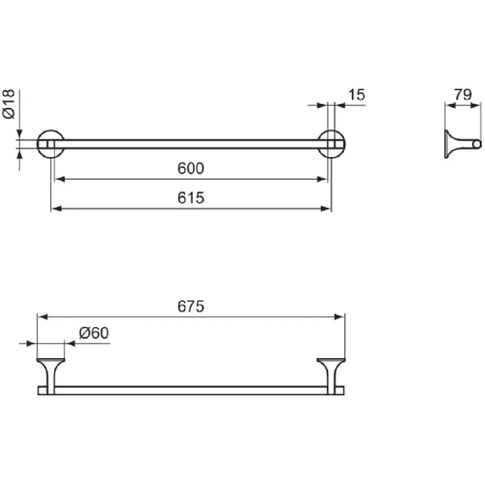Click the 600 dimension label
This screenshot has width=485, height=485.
pos(191,168)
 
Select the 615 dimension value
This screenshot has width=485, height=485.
pos(191,198)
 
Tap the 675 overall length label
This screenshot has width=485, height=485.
pos(191,306)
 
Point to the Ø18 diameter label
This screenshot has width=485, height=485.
pos(8,104)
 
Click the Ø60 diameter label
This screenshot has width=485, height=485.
pos(94,333)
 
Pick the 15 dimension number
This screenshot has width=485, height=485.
pos(356,95)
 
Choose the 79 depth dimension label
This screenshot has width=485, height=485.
pos(463,95)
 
